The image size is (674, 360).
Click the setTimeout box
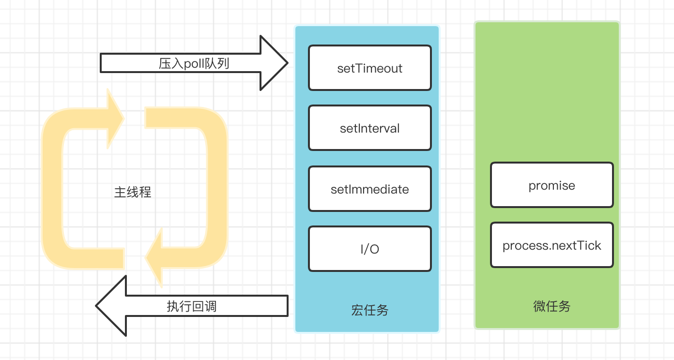(x=370, y=68)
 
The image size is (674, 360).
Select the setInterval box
(x=370, y=128)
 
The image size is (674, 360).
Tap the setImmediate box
(x=370, y=189)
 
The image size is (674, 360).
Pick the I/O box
(x=370, y=249)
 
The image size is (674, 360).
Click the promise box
(x=552, y=185)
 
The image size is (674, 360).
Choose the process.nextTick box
(x=552, y=245)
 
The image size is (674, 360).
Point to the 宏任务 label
(x=370, y=310)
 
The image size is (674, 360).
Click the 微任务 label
(x=552, y=306)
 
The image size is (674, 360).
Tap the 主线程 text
(x=133, y=192)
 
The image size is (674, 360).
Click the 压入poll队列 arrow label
(x=194, y=64)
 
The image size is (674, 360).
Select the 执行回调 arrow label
(x=192, y=306)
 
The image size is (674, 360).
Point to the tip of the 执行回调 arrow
(x=96, y=306)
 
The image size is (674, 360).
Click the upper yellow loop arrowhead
(x=116, y=119)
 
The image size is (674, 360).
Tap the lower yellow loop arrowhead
(x=154, y=257)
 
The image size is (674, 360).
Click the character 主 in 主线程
(x=120, y=192)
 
